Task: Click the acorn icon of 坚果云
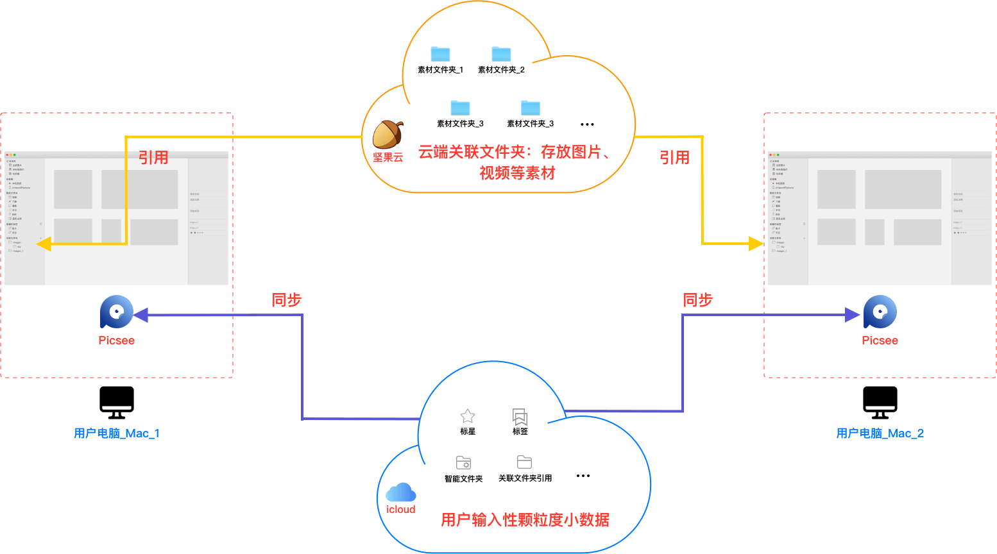(x=388, y=134)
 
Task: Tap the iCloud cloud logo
(x=401, y=492)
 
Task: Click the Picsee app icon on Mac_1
(x=116, y=312)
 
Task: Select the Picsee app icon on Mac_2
(x=880, y=312)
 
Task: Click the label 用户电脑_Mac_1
(x=117, y=433)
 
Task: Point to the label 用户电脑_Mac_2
(x=880, y=433)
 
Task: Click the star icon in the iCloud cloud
(x=468, y=416)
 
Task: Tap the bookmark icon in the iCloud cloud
(x=520, y=417)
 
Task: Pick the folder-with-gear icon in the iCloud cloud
(x=464, y=462)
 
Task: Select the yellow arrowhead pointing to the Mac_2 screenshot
(x=756, y=244)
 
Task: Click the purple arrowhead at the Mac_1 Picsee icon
(x=141, y=315)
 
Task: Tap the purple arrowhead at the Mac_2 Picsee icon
(x=853, y=315)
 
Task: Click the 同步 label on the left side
(x=287, y=300)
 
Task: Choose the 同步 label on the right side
(x=698, y=300)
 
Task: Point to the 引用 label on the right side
(x=674, y=158)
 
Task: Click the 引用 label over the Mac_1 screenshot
(x=153, y=158)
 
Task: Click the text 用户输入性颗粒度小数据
(x=525, y=520)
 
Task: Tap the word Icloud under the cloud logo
(x=401, y=510)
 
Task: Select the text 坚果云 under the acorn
(x=388, y=157)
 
